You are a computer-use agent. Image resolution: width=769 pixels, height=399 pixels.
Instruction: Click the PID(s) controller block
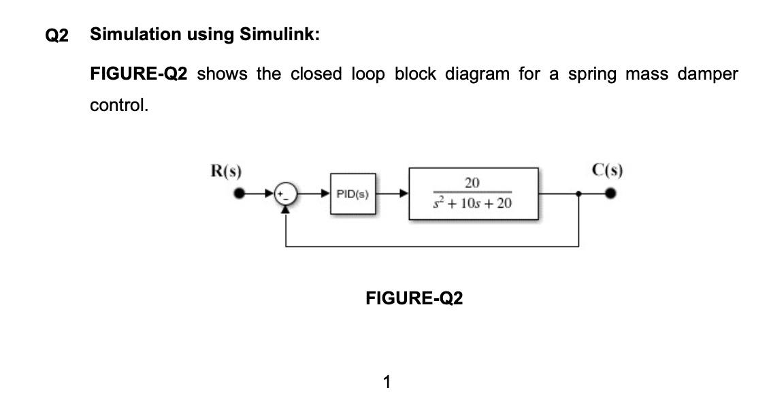[353, 194]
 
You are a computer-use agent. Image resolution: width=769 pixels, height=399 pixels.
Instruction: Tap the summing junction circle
[285, 194]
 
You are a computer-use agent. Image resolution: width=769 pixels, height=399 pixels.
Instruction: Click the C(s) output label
[608, 170]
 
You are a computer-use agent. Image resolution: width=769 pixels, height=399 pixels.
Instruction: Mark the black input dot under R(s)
[238, 194]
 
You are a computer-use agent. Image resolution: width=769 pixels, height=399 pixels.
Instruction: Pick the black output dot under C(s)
[611, 194]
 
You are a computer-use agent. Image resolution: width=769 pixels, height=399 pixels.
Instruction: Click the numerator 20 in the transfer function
[472, 182]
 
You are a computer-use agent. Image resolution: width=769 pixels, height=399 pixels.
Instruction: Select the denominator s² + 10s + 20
[472, 204]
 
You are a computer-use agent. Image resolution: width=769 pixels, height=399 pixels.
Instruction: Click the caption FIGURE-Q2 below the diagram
[414, 298]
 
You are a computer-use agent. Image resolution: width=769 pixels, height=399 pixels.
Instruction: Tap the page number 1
[387, 382]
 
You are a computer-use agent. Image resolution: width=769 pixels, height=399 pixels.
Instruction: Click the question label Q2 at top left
[57, 35]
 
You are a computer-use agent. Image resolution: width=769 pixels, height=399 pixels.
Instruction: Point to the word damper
[708, 74]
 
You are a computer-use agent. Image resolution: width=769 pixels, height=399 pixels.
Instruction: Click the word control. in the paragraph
[119, 106]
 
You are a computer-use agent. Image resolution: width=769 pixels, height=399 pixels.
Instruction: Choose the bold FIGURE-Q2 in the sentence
[138, 74]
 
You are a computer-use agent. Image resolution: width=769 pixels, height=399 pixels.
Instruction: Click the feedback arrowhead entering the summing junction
[285, 208]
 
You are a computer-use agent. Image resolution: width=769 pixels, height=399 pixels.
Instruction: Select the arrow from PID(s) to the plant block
[393, 194]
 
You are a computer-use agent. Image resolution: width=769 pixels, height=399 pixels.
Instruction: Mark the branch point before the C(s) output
[578, 194]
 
